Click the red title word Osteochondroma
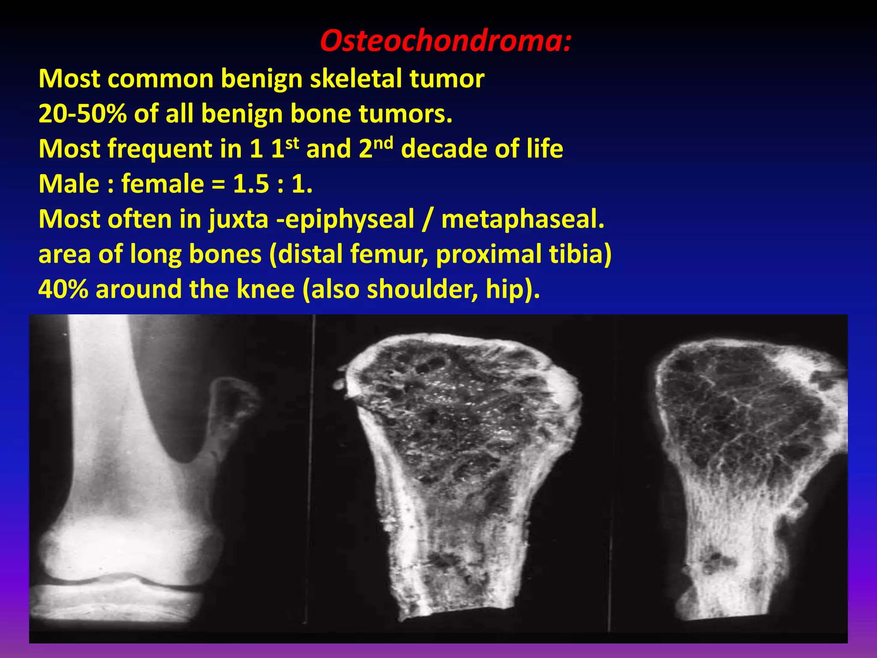pyautogui.click(x=441, y=42)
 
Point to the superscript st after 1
pyautogui.click(x=292, y=143)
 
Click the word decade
pyautogui.click(x=443, y=149)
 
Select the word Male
pyautogui.click(x=69, y=184)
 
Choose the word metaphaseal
pyautogui.click(x=522, y=219)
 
